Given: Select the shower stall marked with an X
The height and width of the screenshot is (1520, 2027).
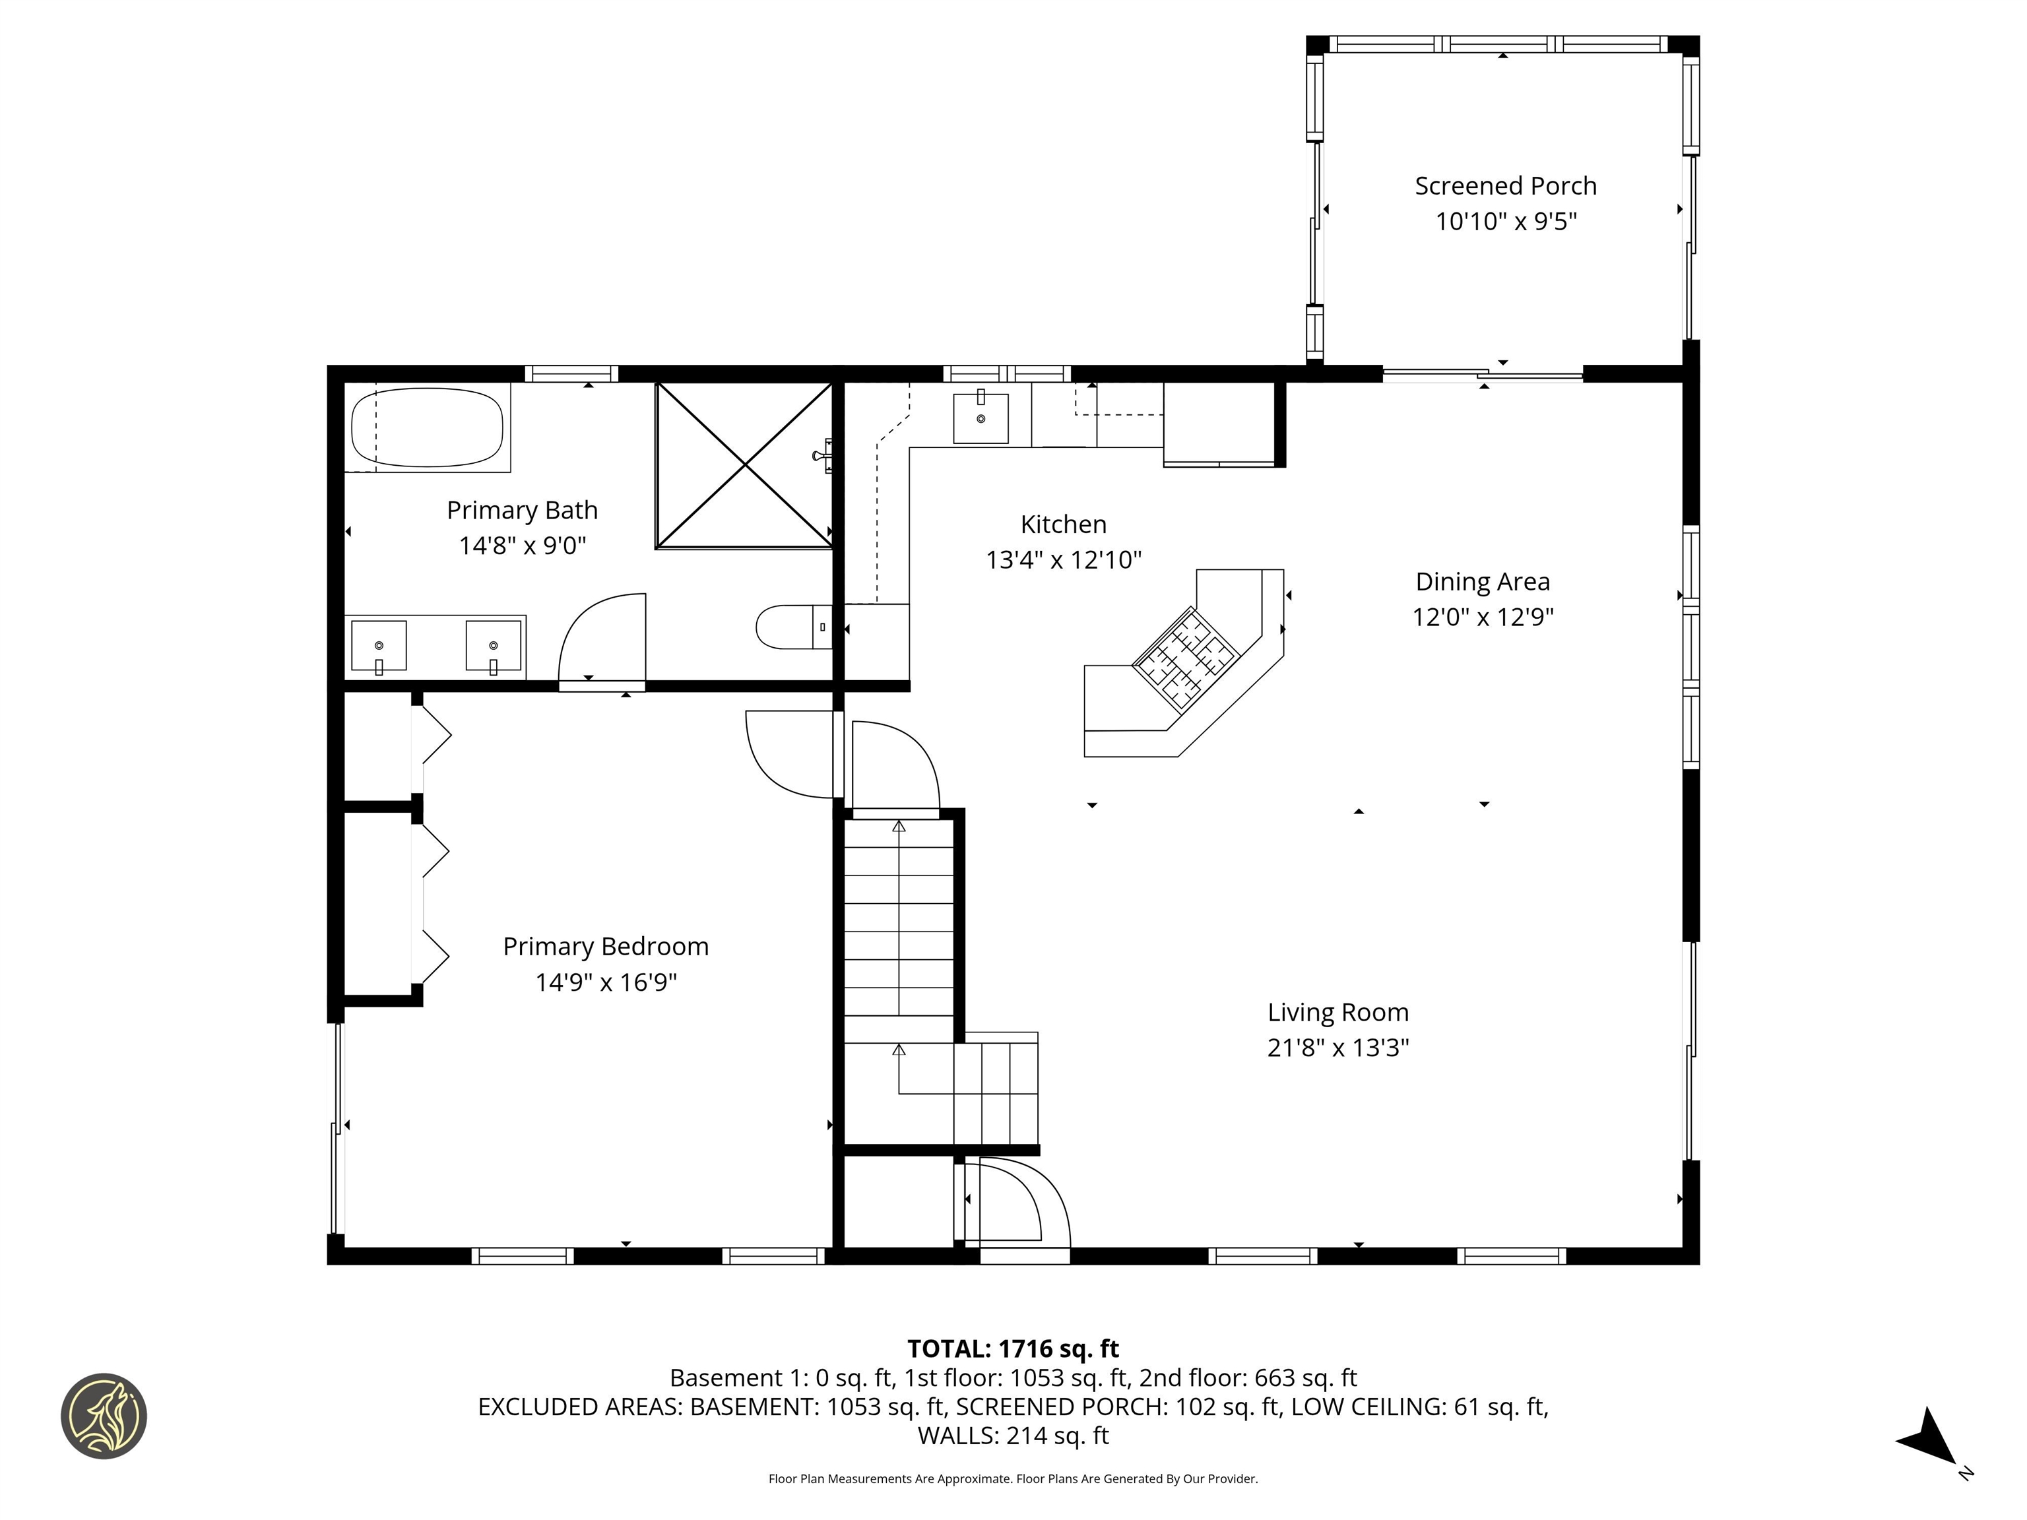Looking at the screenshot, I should pyautogui.click(x=744, y=466).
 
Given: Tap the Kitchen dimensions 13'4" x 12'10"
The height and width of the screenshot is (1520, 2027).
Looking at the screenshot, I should pyautogui.click(x=1063, y=560).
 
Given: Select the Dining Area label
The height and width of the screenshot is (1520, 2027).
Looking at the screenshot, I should pyautogui.click(x=1482, y=582).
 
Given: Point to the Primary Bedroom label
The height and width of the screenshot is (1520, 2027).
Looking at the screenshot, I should pyautogui.click(x=606, y=947).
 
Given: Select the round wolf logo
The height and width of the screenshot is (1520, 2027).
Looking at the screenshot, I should pyautogui.click(x=104, y=1416).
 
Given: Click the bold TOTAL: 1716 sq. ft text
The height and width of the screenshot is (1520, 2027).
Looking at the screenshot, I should pyautogui.click(x=1013, y=1348).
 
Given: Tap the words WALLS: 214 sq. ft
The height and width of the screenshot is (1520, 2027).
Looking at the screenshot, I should pyautogui.click(x=1013, y=1436).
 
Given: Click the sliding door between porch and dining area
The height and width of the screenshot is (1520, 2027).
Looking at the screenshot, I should pyautogui.click(x=1482, y=374).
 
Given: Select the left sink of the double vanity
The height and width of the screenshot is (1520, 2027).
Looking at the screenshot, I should pyautogui.click(x=379, y=645).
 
